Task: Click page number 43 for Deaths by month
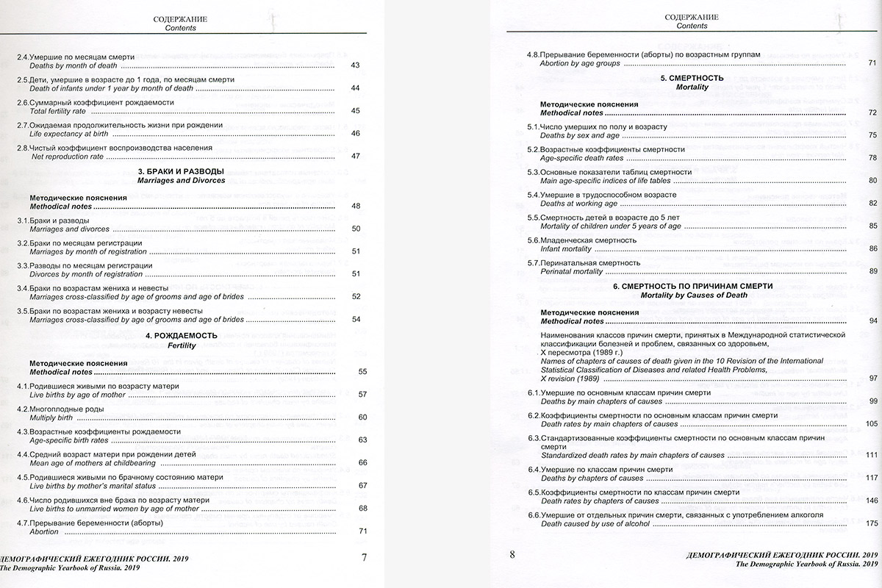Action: click(x=355, y=66)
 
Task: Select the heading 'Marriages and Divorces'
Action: click(x=182, y=180)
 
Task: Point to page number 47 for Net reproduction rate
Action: click(x=355, y=156)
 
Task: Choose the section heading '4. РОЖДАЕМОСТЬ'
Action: click(x=182, y=335)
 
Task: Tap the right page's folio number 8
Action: click(x=512, y=555)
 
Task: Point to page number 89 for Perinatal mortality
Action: click(x=872, y=271)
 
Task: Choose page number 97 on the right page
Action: click(x=872, y=378)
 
